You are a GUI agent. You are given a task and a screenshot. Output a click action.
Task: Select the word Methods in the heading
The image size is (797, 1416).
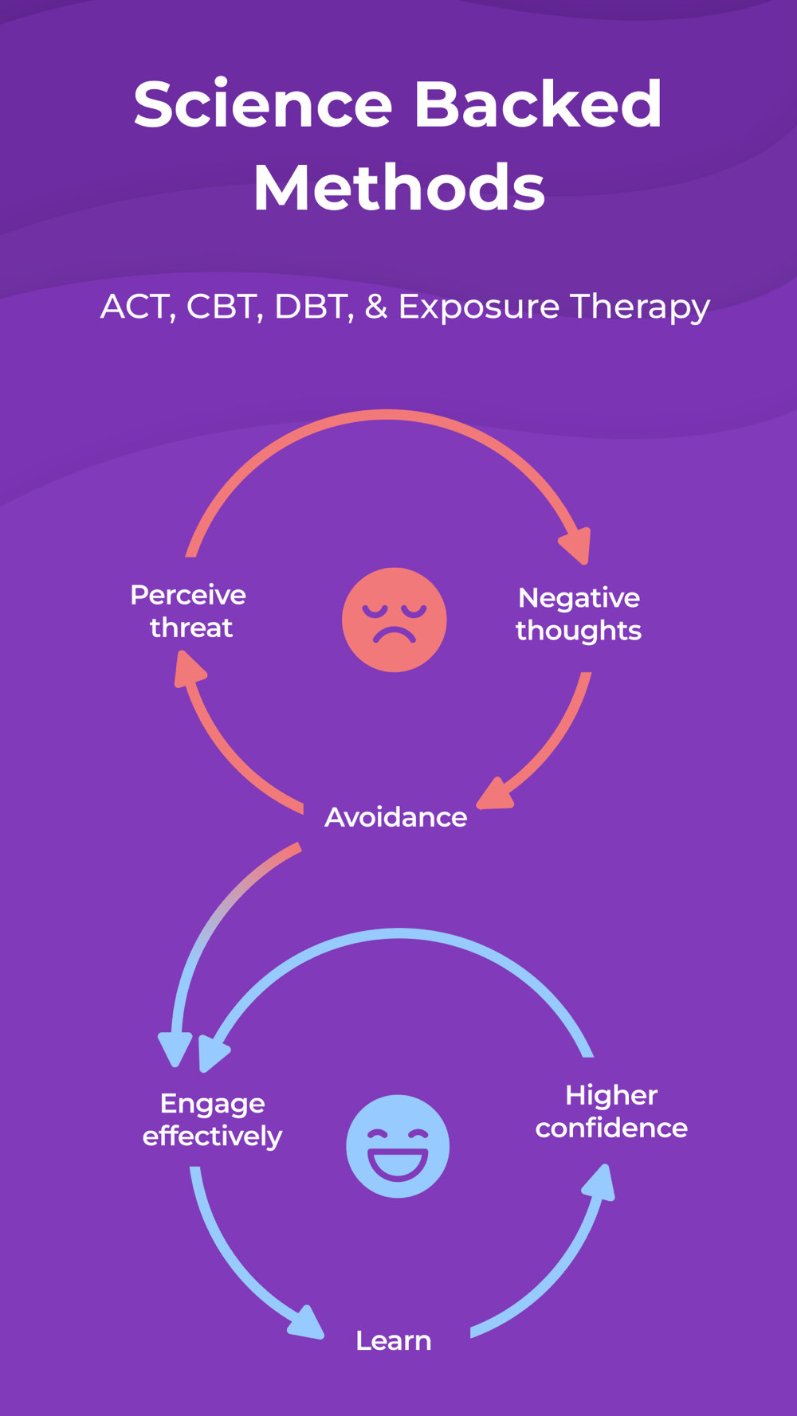[398, 188]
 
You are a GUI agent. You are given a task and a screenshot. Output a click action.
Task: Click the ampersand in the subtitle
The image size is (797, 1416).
[375, 307]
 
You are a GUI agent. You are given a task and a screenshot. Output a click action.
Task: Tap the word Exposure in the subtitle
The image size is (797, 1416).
[478, 307]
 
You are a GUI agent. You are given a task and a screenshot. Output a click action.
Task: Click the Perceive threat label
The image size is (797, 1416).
[189, 611]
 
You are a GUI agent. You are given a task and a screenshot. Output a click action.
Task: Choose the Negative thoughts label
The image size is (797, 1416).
[579, 614]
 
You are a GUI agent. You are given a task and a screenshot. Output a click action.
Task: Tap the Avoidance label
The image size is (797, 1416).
[395, 817]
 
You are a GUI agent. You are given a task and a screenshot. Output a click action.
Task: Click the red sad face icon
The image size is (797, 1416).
[394, 620]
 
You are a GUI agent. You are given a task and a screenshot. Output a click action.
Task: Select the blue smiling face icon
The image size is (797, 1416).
[398, 1146]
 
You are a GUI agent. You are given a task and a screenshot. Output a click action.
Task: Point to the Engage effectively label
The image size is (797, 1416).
[212, 1119]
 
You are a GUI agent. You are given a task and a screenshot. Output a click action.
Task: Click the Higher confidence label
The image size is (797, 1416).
[611, 1111]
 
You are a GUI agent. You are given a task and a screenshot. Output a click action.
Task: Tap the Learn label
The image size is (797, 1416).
[393, 1341]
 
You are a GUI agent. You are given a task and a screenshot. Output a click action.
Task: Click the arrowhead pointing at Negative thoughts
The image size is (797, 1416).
[578, 546]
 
